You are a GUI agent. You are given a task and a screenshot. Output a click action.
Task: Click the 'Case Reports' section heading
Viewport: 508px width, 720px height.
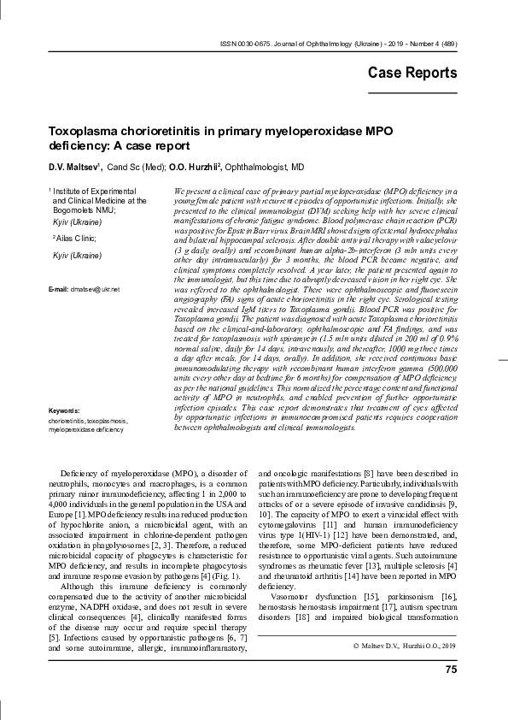click(x=412, y=73)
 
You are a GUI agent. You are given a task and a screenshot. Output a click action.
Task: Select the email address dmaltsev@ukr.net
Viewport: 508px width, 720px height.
click(x=95, y=290)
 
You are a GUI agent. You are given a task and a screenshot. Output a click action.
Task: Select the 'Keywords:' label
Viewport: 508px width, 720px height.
click(x=65, y=411)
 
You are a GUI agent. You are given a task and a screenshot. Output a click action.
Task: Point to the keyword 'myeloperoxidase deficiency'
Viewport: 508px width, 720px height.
click(x=85, y=430)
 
